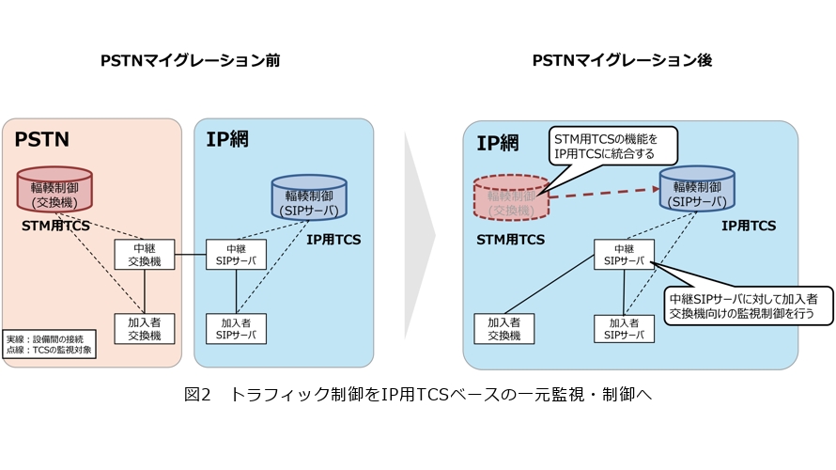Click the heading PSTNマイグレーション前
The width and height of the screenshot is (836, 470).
coord(191,61)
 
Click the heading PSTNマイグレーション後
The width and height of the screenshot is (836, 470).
coord(623,61)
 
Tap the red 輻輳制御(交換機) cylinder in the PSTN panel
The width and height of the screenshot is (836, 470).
coord(54,190)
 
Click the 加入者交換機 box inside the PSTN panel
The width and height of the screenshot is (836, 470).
coord(145,328)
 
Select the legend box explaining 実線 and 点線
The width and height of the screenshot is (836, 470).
coord(43,344)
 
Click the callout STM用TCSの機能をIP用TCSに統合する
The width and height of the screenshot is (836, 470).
coord(613,148)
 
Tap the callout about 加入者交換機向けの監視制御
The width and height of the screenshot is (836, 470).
coord(748,305)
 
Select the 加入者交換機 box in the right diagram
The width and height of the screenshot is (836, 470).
coord(503,328)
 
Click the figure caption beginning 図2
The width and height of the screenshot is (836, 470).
coord(417,395)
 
